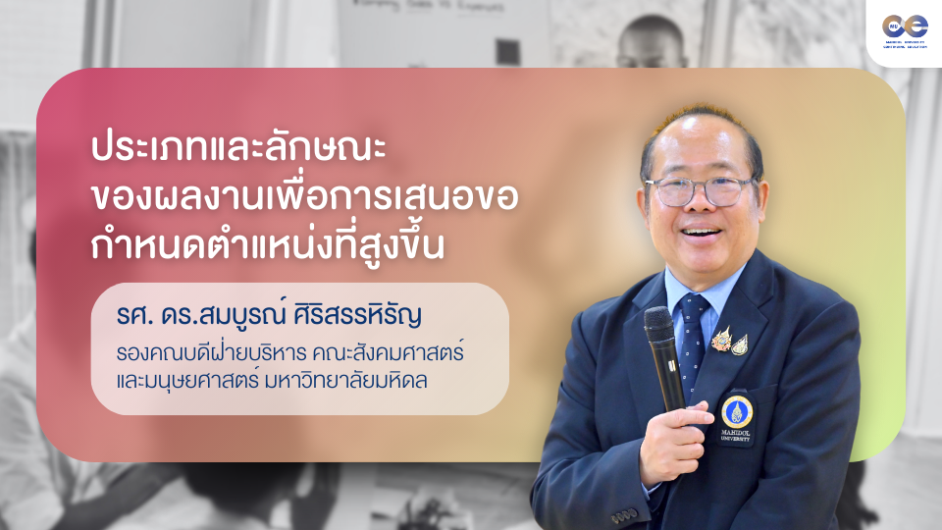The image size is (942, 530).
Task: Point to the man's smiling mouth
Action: point(704,237)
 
